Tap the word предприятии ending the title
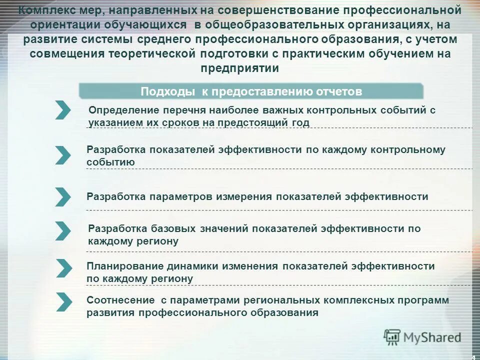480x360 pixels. point(240,68)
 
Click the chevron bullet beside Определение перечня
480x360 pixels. point(63,110)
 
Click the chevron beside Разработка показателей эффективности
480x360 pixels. point(63,155)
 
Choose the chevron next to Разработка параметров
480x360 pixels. point(63,197)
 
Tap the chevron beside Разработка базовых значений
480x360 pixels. point(63,230)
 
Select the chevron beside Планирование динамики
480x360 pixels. point(63,268)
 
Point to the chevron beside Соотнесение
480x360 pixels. point(63,301)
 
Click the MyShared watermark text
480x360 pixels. point(432,337)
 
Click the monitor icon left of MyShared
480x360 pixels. point(392,337)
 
